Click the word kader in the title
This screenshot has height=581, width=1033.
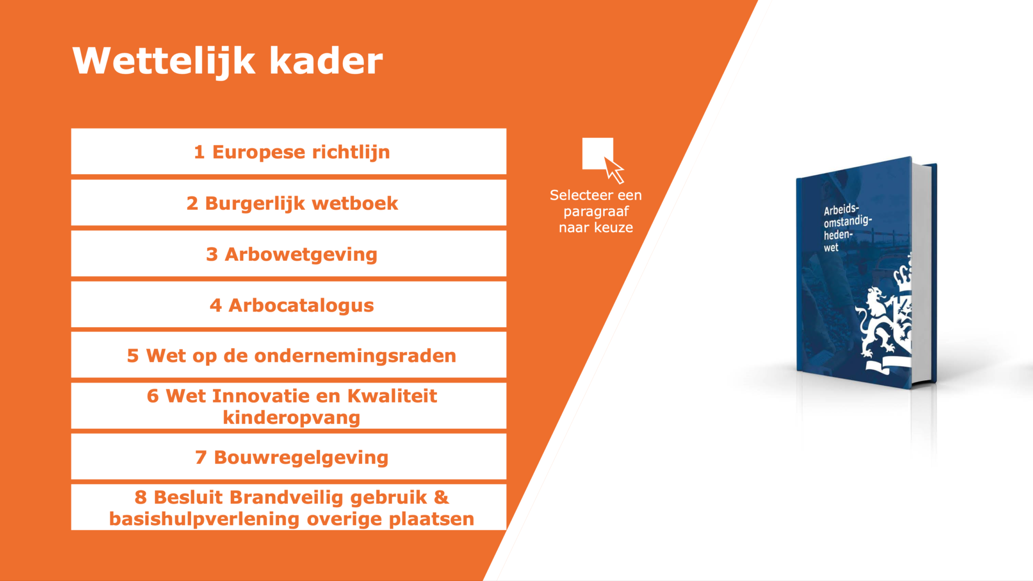coord(326,60)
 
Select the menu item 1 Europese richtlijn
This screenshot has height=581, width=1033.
coord(288,152)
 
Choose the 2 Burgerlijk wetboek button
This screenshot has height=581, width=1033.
coord(288,203)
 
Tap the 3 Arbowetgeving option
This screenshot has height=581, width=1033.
coord(288,254)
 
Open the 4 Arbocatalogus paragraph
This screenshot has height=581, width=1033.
coord(288,304)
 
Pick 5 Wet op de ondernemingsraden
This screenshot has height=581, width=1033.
coord(288,355)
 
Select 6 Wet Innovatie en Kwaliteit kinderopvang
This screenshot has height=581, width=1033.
coord(288,406)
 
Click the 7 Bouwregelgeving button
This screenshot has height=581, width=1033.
coord(288,457)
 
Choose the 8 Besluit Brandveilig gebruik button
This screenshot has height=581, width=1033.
coord(288,507)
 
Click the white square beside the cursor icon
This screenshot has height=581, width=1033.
coord(596,153)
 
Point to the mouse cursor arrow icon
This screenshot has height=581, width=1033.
coord(614,170)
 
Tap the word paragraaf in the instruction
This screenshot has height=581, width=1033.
coord(596,212)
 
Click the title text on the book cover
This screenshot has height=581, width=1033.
coord(846,228)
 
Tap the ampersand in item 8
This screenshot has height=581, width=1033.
coord(441,497)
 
